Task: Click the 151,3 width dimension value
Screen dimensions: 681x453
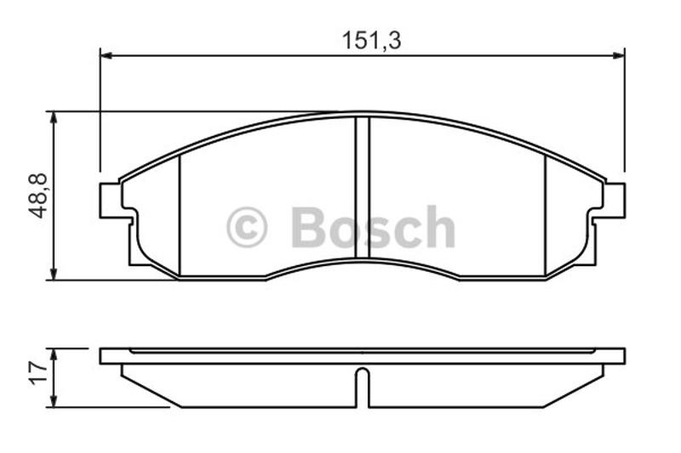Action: tap(371, 40)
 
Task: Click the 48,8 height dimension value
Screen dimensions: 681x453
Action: tap(37, 195)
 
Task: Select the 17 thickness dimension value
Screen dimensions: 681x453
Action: tap(37, 373)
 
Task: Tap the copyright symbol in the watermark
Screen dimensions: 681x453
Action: tap(247, 227)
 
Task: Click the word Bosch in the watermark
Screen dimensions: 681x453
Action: tap(373, 227)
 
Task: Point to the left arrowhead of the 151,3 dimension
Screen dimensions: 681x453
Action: tap(106, 55)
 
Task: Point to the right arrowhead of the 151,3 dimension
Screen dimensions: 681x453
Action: tap(619, 55)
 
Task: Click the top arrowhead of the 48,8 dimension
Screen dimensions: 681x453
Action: tap(54, 117)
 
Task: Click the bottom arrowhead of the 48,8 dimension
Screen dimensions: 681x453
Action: tap(54, 274)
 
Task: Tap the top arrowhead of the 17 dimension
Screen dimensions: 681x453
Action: tap(54, 354)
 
